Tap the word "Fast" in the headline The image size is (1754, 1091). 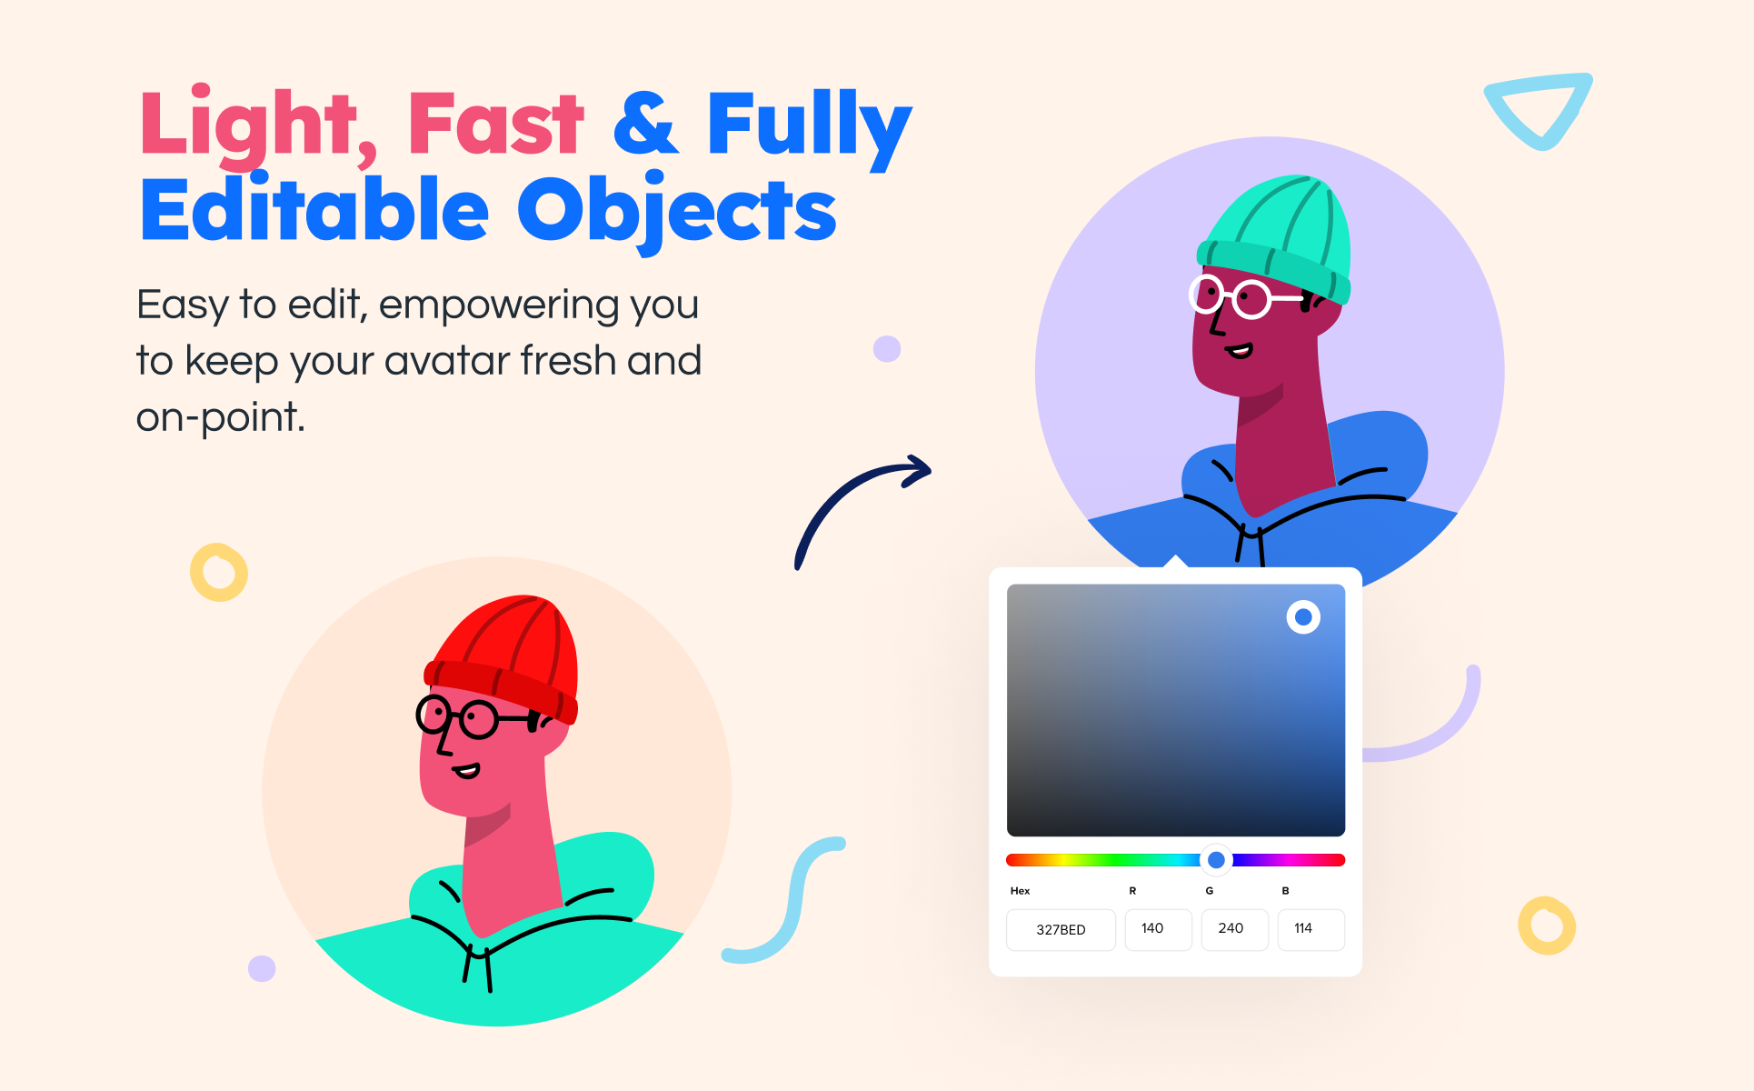[495, 124]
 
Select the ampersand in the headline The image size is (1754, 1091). [645, 124]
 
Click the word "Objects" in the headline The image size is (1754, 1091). [677, 212]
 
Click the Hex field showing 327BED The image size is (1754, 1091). [1061, 929]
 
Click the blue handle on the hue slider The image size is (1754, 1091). [1216, 859]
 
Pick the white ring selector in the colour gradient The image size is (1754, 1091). [1303, 617]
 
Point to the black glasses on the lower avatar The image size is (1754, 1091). [473, 718]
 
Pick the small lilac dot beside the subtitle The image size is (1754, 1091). [886, 348]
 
